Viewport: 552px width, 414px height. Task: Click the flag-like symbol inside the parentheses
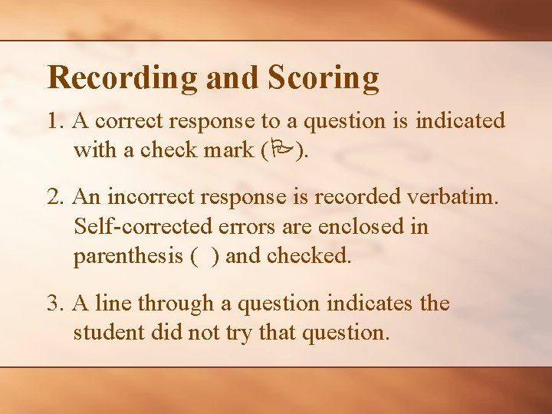point(281,150)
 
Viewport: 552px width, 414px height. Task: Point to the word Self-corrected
point(144,228)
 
